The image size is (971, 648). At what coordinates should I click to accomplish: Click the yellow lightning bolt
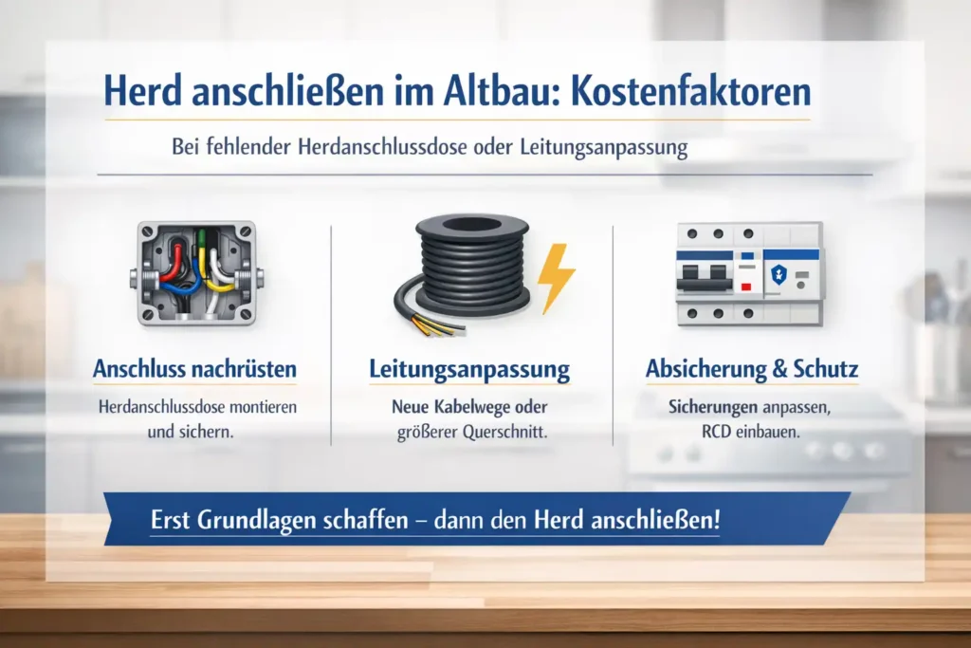click(x=556, y=279)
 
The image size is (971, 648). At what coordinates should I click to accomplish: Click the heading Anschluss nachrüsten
click(x=194, y=369)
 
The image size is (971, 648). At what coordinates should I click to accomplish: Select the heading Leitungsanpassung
click(x=469, y=369)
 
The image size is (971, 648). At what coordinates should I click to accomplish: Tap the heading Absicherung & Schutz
click(x=751, y=369)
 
